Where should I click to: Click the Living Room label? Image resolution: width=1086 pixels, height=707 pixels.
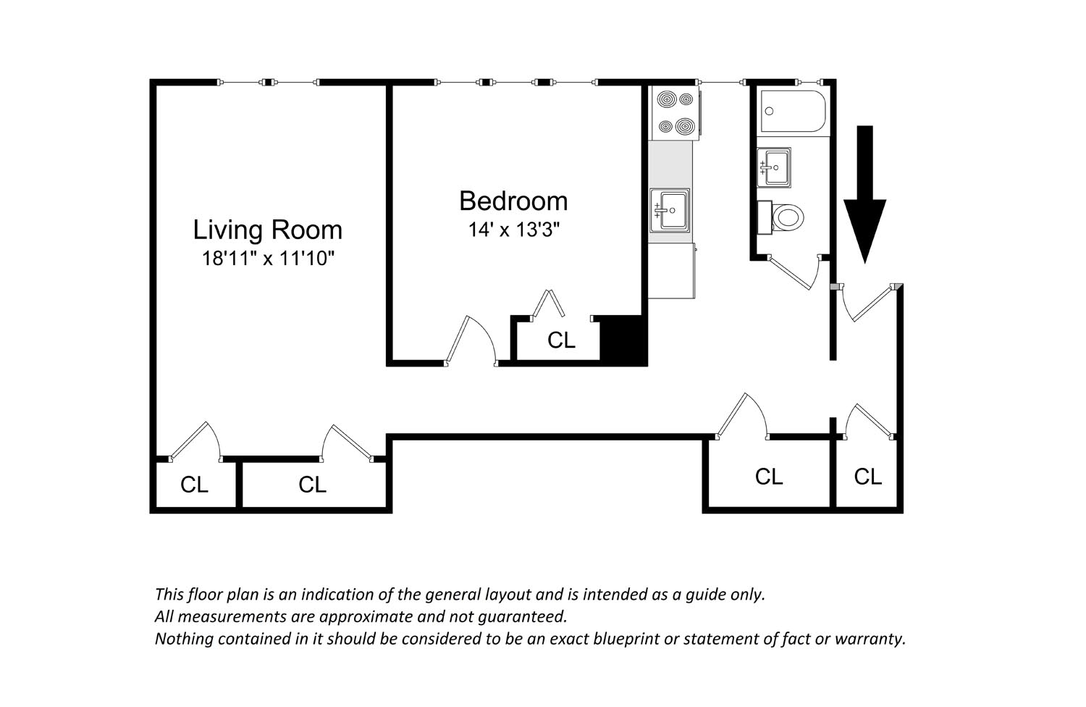pos(268,230)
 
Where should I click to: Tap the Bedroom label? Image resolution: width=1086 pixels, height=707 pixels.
pos(513,201)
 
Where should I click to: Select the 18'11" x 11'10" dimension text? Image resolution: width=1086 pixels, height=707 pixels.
pos(268,258)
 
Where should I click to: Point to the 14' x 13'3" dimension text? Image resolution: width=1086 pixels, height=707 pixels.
pos(514,230)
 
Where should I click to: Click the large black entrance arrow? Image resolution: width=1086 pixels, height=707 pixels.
pos(865,194)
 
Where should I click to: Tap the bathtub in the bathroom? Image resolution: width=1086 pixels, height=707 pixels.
pos(794,111)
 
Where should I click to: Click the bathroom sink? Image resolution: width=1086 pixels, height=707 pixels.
pos(774,167)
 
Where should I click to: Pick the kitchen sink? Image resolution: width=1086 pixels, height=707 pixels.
pos(670,210)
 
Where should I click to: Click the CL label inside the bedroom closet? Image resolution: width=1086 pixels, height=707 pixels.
pos(561,340)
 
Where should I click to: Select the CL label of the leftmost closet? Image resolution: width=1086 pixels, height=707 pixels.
pos(194,485)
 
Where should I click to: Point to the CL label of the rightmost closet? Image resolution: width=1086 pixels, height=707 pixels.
pos(867,477)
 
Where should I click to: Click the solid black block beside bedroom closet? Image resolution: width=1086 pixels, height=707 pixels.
pos(623,340)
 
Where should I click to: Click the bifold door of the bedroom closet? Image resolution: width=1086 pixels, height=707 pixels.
pos(548,304)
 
